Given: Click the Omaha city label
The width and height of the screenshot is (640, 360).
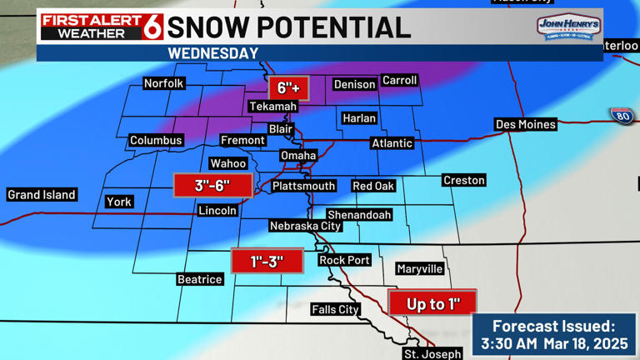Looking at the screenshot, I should (297, 156).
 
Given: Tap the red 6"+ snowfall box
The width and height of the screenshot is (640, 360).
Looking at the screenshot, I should (288, 87).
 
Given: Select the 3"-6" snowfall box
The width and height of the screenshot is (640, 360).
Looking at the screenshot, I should (212, 185).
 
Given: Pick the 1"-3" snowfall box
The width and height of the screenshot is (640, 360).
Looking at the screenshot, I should (267, 262).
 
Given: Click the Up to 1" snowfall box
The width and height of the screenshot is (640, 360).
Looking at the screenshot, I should (432, 303).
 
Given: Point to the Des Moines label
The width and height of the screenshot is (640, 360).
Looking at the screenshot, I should (525, 124).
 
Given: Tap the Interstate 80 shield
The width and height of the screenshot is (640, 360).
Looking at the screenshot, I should (621, 116).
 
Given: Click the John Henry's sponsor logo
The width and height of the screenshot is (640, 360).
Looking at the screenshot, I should (569, 28).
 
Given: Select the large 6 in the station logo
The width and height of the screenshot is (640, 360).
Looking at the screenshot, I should (154, 27).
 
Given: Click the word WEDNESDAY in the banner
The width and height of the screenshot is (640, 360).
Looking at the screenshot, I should (213, 53).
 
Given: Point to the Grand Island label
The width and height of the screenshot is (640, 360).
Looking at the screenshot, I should (42, 195).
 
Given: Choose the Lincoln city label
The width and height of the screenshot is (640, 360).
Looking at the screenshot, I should (217, 211).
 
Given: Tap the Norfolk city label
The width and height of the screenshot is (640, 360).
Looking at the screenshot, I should (164, 83).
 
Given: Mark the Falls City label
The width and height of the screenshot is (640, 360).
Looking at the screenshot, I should (335, 309).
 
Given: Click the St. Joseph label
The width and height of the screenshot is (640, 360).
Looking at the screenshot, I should (432, 354).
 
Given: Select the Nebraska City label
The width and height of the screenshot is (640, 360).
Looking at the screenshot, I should (306, 226).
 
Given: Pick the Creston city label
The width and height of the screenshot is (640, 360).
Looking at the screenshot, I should (464, 180).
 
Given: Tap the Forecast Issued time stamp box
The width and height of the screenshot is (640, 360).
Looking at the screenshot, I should (554, 335).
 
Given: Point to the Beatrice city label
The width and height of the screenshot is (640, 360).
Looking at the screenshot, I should (200, 279).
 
